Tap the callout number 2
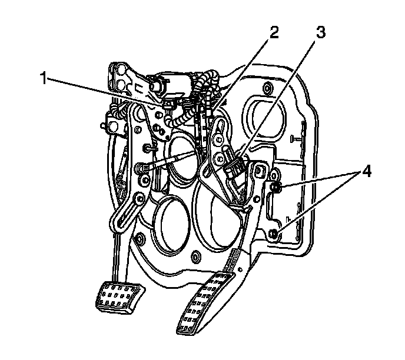tap(271, 33)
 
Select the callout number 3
tap(320, 33)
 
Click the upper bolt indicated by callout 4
tap(275, 188)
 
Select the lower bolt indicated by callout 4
tap(274, 235)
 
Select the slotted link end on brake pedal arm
tap(121, 219)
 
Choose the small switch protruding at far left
tap(107, 124)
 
